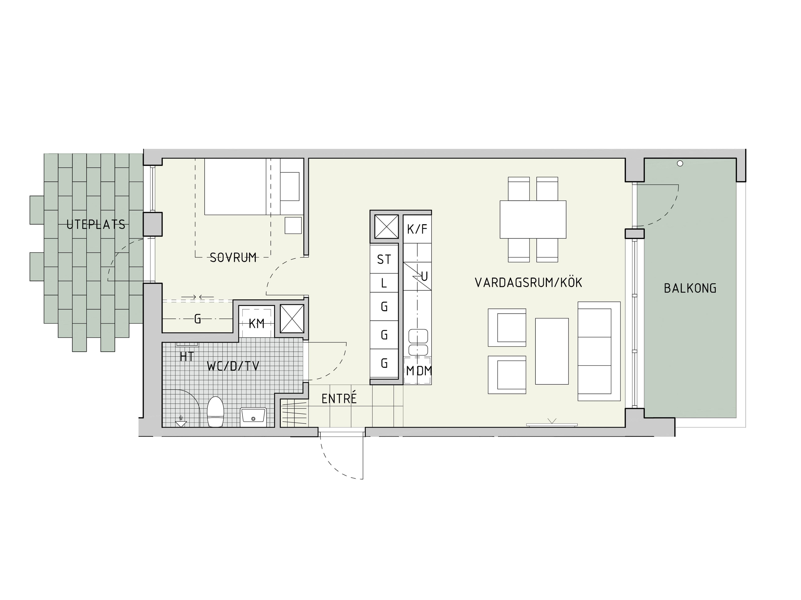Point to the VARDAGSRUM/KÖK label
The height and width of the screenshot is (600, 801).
(528, 282)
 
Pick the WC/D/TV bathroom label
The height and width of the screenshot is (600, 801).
(233, 366)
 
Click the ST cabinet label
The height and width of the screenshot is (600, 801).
(384, 259)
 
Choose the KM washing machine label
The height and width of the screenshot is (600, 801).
(256, 323)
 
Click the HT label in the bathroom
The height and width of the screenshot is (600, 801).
(187, 357)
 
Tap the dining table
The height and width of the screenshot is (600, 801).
(533, 220)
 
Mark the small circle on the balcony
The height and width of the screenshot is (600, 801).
(680, 164)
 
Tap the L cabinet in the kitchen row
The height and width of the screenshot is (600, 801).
(384, 283)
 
